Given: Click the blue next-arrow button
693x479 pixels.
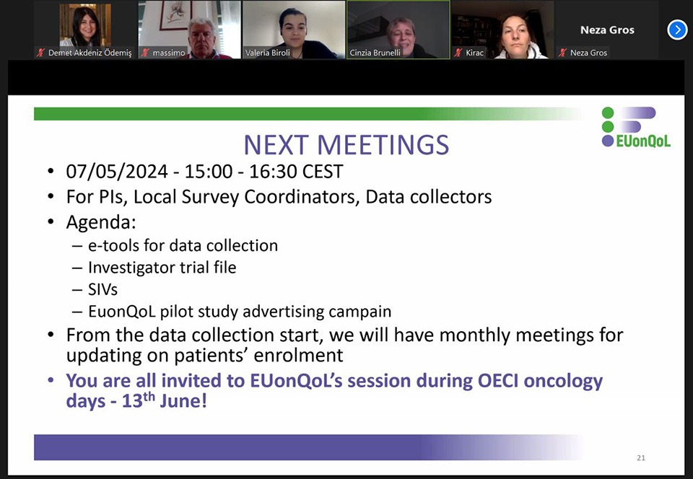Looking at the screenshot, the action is click(677, 30).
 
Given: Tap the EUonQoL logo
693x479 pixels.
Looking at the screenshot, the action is click(635, 127).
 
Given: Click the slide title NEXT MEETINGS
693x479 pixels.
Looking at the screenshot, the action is click(346, 145).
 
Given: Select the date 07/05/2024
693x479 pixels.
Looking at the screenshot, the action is click(117, 171).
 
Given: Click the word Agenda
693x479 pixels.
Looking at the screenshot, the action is click(101, 222).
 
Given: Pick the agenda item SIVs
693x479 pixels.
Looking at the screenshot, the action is click(103, 289).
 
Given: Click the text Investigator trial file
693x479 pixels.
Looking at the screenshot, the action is click(162, 268).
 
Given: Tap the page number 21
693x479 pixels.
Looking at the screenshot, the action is click(641, 458).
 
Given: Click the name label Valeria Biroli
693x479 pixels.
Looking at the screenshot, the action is click(268, 53).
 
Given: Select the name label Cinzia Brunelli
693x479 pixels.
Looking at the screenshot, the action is click(375, 53).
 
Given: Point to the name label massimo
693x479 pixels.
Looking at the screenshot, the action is click(169, 53).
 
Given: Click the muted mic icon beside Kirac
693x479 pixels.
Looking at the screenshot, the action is click(458, 53).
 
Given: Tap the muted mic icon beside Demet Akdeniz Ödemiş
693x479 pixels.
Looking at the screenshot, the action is click(40, 53).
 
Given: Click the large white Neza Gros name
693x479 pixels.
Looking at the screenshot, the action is click(607, 30).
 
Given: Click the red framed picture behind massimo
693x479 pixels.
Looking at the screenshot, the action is click(175, 15).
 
